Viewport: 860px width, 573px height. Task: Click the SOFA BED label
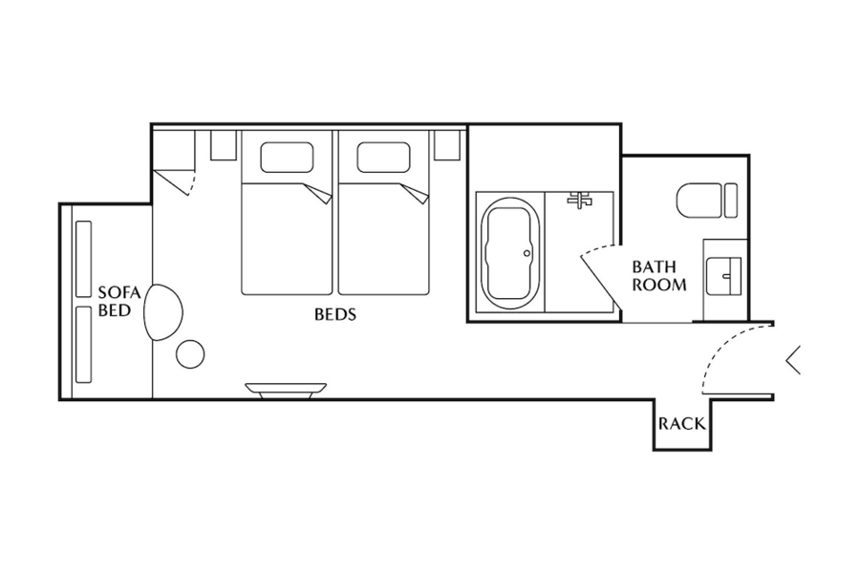pos(119,302)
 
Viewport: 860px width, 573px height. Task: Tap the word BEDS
pos(335,314)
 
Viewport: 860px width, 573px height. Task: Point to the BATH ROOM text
pos(658,276)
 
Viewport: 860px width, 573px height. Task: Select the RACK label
pos(681,424)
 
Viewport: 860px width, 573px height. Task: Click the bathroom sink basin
pos(724,276)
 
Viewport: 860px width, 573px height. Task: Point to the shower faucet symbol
pos(580,199)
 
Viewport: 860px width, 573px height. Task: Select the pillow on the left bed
pos(287,158)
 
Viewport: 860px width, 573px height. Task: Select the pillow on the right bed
pos(383,158)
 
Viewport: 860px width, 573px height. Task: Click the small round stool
pos(190,354)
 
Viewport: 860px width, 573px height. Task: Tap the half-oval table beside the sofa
pos(162,312)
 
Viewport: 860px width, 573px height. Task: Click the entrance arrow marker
pos(793,361)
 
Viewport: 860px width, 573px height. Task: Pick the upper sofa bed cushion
pos(83,259)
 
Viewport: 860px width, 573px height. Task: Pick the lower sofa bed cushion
pos(83,345)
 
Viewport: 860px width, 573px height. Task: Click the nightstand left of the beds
pos(224,145)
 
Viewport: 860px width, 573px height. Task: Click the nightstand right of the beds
pos(447,145)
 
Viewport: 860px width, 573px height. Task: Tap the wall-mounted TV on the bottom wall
pos(286,391)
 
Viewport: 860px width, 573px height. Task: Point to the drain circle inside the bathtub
pos(527,253)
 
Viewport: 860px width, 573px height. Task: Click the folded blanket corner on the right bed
pos(416,194)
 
